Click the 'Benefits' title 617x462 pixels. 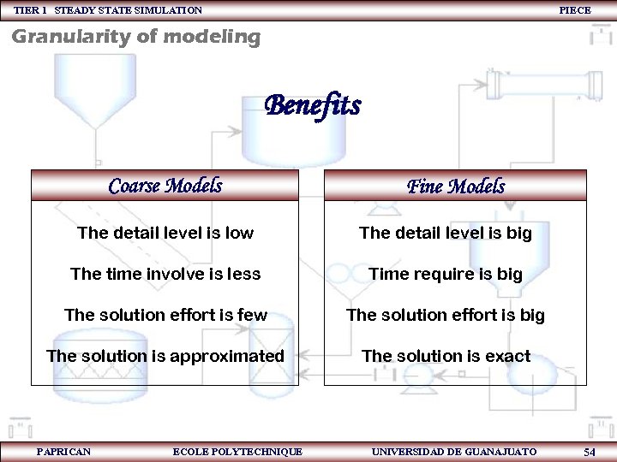[313, 106]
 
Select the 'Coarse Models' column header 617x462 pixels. [165, 186]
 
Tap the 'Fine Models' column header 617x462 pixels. [455, 187]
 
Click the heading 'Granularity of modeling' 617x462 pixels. [135, 37]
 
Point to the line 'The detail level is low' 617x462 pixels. [165, 233]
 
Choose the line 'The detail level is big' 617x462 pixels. [446, 233]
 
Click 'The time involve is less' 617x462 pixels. [165, 274]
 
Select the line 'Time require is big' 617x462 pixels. [446, 274]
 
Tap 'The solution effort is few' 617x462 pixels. [165, 315]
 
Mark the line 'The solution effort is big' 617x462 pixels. [446, 315]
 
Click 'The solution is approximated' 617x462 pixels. [165, 356]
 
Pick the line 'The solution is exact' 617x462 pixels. [446, 356]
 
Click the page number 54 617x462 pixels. [589, 451]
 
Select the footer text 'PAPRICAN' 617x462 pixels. [64, 451]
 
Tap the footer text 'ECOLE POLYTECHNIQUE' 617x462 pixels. [237, 451]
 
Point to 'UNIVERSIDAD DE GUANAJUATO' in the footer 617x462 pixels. [454, 451]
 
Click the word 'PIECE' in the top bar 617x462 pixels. [575, 9]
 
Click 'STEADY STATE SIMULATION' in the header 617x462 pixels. [129, 9]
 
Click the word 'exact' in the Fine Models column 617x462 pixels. [508, 356]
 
